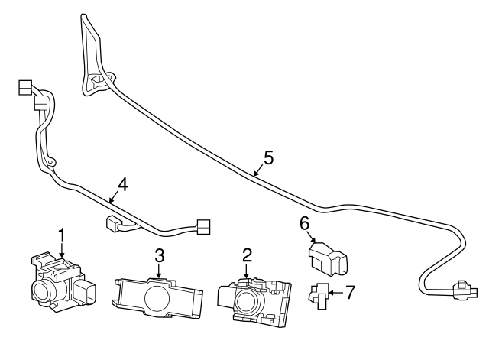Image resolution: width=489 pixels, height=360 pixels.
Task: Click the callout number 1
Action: [62, 233]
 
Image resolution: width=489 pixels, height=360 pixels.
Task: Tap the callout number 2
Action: [247, 254]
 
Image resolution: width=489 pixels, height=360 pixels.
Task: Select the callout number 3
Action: [159, 254]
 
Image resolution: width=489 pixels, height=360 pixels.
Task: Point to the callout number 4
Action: [122, 184]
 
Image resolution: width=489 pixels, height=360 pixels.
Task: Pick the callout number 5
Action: [268, 157]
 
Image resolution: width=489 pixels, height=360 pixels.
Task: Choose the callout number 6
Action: [304, 223]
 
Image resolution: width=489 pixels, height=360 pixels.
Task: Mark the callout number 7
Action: [350, 291]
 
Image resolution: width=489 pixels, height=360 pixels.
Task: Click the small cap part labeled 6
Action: [328, 258]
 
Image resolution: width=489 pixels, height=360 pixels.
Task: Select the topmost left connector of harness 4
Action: [24, 87]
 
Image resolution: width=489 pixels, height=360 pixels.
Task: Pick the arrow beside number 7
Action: [336, 291]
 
